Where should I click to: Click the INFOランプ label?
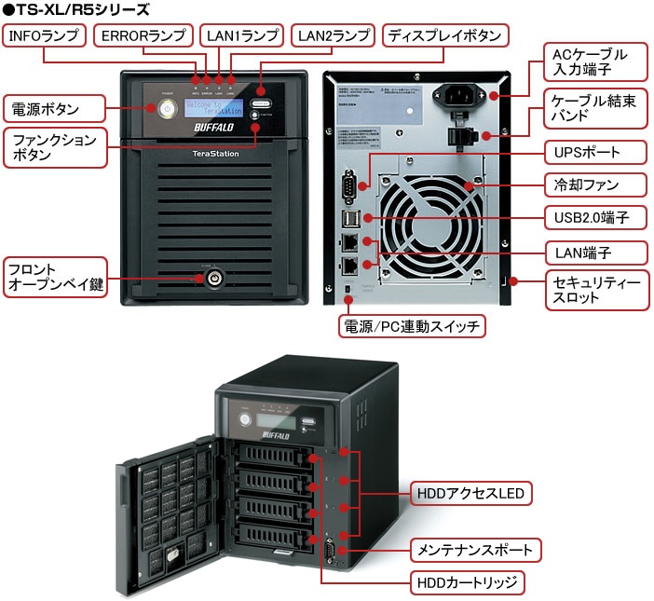click(45, 35)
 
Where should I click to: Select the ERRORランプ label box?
click(143, 35)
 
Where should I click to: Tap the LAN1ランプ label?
click(240, 35)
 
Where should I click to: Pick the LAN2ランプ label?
click(331, 35)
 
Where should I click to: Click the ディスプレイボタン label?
click(445, 35)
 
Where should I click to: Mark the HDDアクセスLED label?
click(471, 492)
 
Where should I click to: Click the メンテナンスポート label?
click(475, 549)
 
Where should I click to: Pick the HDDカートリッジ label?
click(468, 583)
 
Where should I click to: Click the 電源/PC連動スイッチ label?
click(411, 326)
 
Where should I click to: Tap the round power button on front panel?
click(167, 108)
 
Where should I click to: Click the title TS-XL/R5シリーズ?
click(75, 9)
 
